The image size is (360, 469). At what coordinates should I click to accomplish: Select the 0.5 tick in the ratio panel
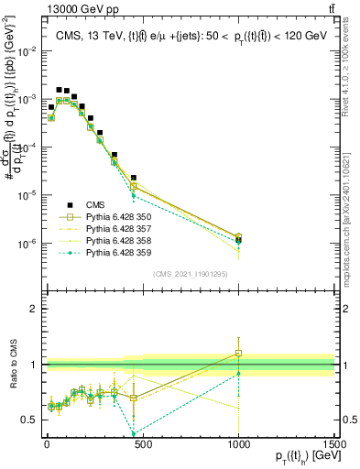coord(27,420)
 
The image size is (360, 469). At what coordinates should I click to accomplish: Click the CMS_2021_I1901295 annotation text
coord(191,273)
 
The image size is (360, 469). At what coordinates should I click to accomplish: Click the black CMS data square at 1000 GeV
coord(238,240)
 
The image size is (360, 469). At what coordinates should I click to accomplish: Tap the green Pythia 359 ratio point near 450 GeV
coord(134,433)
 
